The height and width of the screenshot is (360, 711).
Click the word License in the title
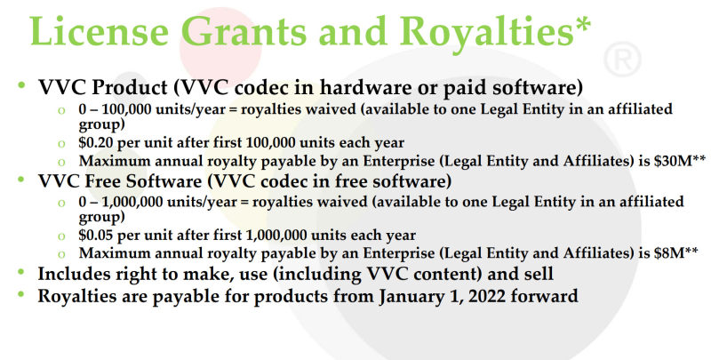[x=100, y=31]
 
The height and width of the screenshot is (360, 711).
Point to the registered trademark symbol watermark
[x=622, y=59]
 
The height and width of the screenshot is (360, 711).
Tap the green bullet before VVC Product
[x=20, y=84]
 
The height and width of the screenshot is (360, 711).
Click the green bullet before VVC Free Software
[x=20, y=179]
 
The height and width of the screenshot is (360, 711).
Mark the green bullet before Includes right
[x=20, y=272]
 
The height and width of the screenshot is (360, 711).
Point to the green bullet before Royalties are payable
[x=20, y=294]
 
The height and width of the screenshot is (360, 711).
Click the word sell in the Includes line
[x=539, y=274]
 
